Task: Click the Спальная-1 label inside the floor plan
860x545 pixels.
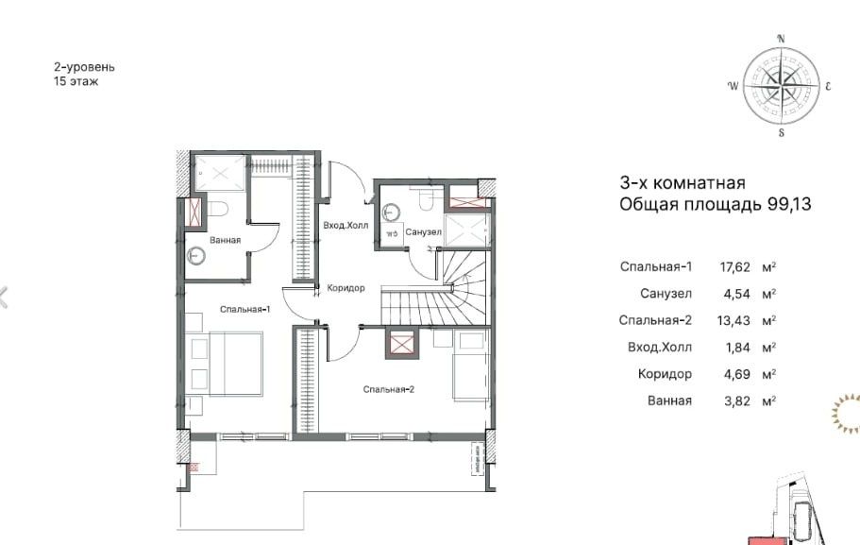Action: (245, 310)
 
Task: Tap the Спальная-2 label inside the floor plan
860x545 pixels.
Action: (388, 390)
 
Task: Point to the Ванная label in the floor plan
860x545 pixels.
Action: (225, 241)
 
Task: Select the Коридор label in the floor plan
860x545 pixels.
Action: (346, 288)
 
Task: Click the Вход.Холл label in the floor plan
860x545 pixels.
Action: (346, 226)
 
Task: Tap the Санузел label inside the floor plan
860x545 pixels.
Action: (424, 232)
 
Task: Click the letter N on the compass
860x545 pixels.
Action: (782, 39)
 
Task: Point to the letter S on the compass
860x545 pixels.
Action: (782, 132)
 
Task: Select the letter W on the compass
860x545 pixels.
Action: (733, 86)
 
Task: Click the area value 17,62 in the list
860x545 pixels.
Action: (734, 267)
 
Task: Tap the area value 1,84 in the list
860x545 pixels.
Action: (737, 348)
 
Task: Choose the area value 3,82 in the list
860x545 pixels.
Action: (736, 401)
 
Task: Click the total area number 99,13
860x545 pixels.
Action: (789, 205)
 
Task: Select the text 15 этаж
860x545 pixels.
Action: (76, 82)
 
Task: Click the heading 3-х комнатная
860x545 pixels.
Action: (683, 182)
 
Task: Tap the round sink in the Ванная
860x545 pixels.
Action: (195, 256)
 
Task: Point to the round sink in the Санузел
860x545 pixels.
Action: (391, 212)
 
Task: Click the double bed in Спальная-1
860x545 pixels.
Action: (224, 364)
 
